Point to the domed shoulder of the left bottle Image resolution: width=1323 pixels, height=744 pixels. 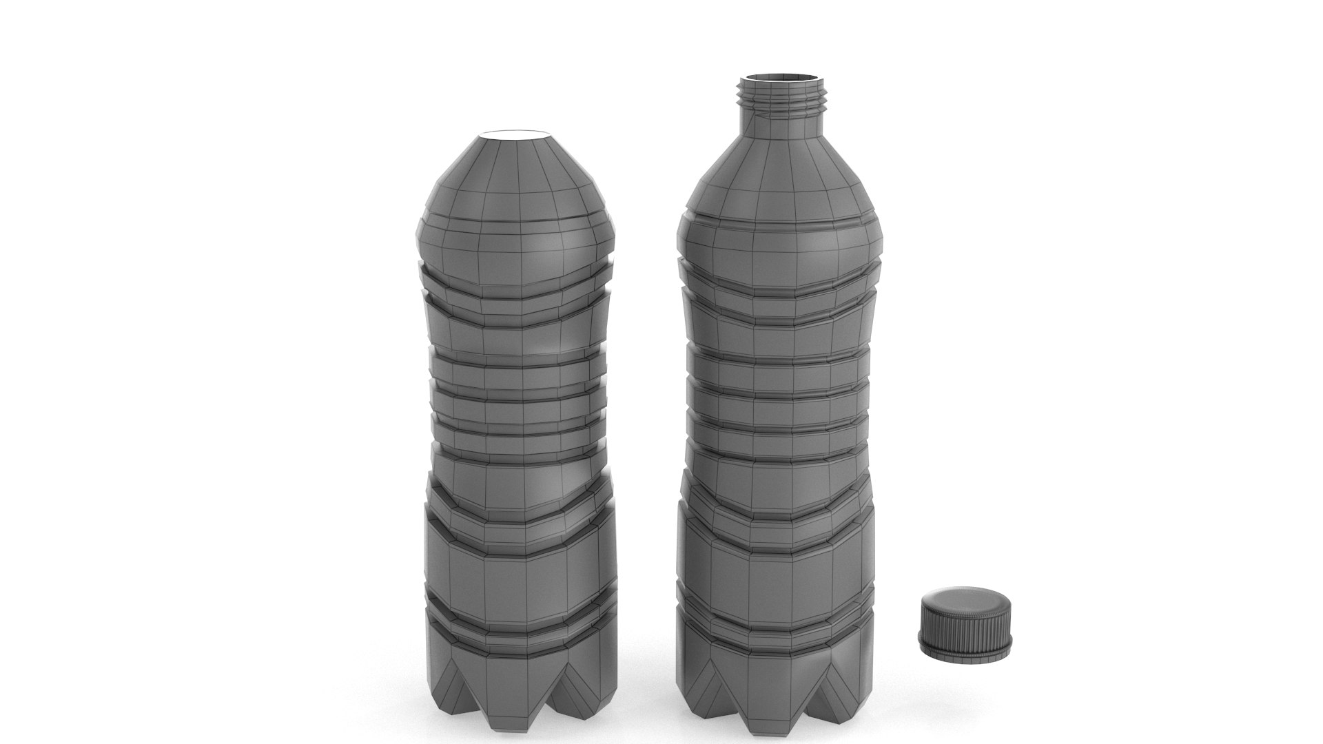(x=517, y=172)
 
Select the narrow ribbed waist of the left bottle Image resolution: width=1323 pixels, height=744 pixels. (x=520, y=406)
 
